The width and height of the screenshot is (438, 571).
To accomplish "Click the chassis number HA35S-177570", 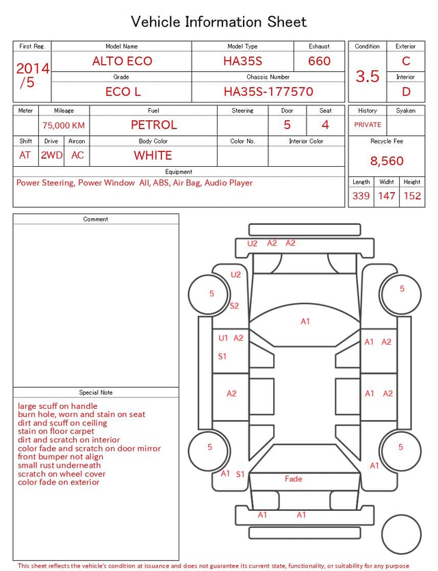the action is [268, 92].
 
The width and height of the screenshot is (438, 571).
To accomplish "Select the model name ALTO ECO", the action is [122, 61].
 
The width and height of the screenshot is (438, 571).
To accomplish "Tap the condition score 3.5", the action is [368, 76].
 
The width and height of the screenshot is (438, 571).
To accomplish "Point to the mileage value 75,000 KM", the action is [64, 125].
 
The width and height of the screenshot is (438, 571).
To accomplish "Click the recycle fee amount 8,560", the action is [387, 161].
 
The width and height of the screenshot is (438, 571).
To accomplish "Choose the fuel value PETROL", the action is [154, 125].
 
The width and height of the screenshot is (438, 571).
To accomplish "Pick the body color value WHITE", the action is [153, 155].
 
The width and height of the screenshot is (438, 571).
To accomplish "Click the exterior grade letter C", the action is [406, 61].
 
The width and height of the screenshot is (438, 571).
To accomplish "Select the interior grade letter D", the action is [406, 92].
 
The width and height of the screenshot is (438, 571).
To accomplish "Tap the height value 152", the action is [412, 196].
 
